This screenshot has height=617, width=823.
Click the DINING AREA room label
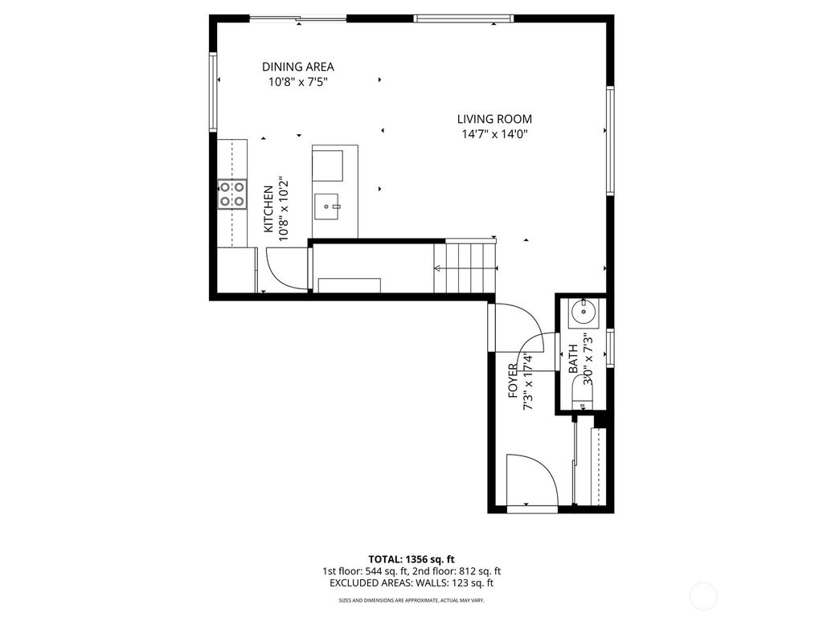297,67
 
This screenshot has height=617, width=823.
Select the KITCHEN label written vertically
268,210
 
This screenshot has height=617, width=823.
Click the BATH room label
573,358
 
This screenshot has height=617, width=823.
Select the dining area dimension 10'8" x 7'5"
297,81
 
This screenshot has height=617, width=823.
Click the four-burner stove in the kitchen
232,195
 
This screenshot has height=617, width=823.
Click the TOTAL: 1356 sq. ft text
411,558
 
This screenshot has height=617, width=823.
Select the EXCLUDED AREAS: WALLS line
411,583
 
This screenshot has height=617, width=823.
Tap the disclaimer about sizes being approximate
411,600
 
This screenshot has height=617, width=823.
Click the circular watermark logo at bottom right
704,595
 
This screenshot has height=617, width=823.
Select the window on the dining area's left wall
214,92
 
